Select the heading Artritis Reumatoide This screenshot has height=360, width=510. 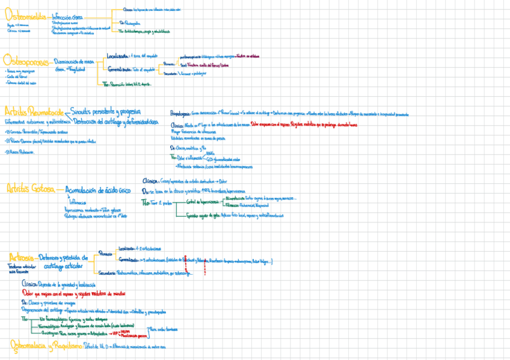34,112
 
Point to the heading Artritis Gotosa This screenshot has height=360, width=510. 30,189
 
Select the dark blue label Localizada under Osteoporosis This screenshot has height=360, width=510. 117,55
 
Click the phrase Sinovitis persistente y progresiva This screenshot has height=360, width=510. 106,111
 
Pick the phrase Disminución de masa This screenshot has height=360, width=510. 74,61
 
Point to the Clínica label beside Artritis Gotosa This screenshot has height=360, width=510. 150,180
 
